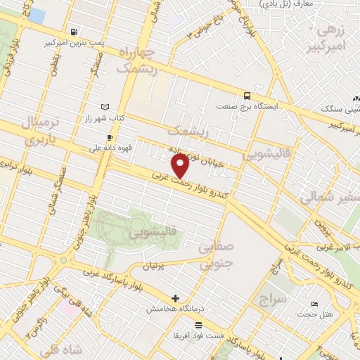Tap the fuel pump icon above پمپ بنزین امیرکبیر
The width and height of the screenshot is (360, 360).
click(x=75, y=32)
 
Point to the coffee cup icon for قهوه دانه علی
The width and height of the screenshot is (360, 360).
click(x=109, y=137)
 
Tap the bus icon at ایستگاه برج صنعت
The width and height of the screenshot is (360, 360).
click(x=247, y=96)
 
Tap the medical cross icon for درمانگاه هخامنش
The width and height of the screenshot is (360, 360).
click(x=176, y=298)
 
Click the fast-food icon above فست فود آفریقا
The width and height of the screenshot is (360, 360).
click(x=199, y=325)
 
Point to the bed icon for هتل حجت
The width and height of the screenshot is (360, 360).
click(x=314, y=303)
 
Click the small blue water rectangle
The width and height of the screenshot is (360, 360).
click(x=36, y=15)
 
